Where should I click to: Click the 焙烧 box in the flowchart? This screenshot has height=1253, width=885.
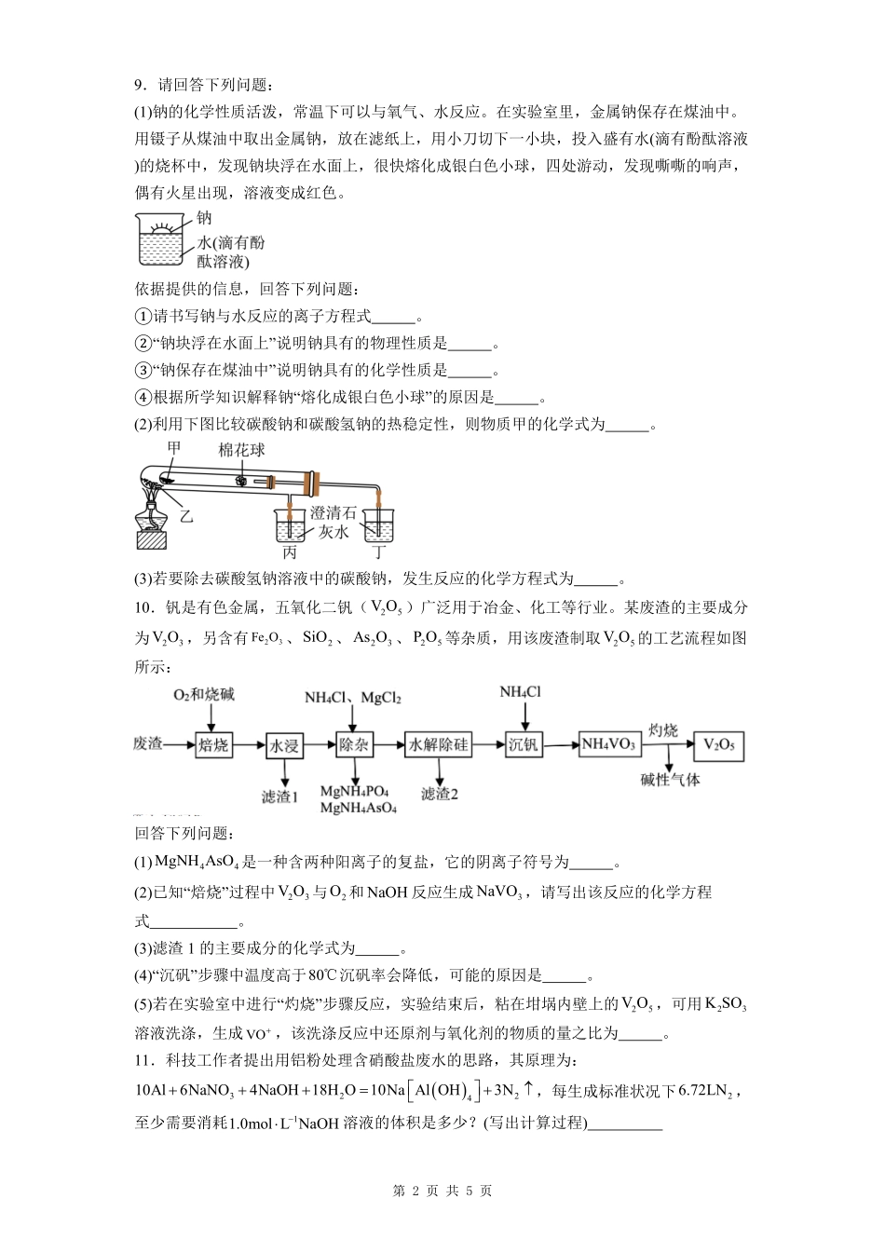pyautogui.click(x=213, y=744)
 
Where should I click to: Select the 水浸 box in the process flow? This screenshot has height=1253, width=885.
pyautogui.click(x=284, y=745)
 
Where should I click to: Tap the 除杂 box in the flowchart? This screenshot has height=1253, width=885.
pyautogui.click(x=355, y=745)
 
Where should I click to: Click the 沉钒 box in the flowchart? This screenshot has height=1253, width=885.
pyautogui.click(x=524, y=744)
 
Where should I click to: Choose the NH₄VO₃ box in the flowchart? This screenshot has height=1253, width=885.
pyautogui.click(x=609, y=744)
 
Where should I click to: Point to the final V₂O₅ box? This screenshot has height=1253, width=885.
pyautogui.click(x=718, y=744)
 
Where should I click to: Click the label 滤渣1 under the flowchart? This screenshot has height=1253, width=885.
pyautogui.click(x=279, y=796)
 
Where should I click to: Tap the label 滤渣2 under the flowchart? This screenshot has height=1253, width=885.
pyautogui.click(x=440, y=794)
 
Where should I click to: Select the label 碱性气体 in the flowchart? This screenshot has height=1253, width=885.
pyautogui.click(x=671, y=779)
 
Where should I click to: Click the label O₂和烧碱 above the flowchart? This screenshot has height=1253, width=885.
pyautogui.click(x=204, y=695)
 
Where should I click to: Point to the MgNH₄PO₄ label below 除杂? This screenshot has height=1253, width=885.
pyautogui.click(x=354, y=792)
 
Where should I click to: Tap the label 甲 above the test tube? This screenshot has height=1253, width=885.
pyautogui.click(x=173, y=448)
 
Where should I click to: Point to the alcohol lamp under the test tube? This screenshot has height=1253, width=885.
pyautogui.click(x=152, y=524)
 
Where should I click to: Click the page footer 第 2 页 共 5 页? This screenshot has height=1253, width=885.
pyautogui.click(x=442, y=1191)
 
